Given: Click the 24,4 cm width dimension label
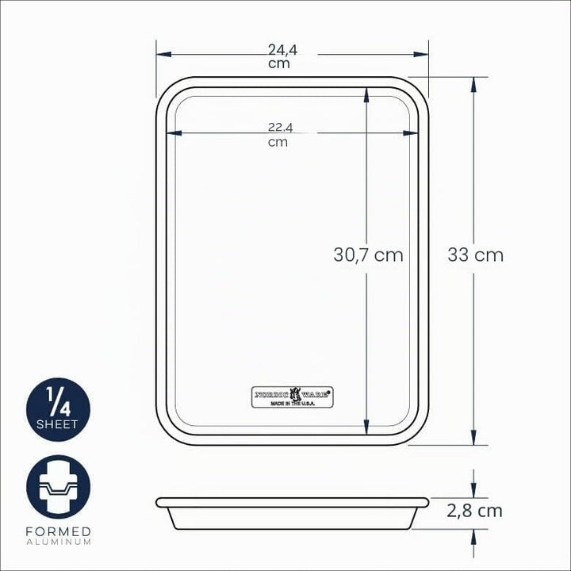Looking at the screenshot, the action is point(282,56).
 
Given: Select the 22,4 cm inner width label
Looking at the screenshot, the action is point(280,134).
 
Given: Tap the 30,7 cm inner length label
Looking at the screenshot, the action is point(368,255).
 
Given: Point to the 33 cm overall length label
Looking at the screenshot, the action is point(475,255).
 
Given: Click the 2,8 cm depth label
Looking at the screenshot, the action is point(474,511).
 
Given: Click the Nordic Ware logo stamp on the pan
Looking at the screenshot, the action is point(293,397).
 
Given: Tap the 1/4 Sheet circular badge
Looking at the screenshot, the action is point(58,410).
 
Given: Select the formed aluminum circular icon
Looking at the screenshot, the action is point(58,487).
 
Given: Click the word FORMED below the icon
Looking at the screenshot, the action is point(58,531).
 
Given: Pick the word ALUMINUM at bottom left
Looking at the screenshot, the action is point(58,542).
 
